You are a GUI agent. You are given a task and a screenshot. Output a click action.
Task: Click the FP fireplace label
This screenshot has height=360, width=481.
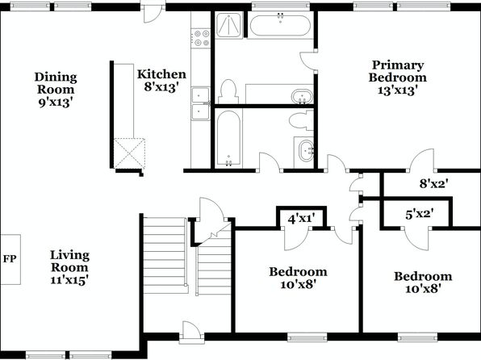coord(10,259)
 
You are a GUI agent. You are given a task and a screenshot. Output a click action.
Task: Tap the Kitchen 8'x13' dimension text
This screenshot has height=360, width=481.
coord(161,87)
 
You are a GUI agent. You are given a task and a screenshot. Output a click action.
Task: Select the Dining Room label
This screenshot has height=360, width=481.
coord(56,83)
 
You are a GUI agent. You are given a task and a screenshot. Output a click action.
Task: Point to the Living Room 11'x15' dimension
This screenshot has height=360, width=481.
coord(69,280)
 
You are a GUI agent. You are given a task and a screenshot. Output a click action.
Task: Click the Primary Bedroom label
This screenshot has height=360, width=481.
coord(398,71)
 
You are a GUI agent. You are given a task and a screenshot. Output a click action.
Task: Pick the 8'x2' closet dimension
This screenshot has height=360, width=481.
coord(434,183)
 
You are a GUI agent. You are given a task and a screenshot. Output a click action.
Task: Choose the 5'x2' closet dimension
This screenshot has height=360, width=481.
coord(420,214)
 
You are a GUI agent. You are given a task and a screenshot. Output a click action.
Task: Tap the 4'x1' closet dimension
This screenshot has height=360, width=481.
coord(302,219)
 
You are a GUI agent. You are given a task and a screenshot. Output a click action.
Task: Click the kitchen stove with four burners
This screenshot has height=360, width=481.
coord(201,38)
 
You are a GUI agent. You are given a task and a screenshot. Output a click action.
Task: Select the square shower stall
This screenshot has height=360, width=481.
coord(229,25)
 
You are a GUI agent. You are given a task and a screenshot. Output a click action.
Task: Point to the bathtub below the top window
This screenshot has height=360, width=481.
coord(280,25)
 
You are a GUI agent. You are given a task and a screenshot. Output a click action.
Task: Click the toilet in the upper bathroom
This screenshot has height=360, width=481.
coord(228,91)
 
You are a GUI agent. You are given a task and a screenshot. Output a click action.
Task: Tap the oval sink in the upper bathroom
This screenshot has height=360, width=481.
coord(302,96)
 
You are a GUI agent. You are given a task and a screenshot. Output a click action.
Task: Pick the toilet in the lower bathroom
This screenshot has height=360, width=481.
coord(301,120)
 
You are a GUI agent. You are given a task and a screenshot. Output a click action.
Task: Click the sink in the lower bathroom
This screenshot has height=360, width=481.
coord(306,150)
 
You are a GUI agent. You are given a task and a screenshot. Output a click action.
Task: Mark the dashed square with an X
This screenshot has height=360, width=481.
coord(129,153)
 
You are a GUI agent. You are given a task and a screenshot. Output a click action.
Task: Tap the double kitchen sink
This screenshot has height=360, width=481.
coord(201,104)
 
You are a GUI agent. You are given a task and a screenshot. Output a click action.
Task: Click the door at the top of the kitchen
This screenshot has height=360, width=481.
coord(153,12)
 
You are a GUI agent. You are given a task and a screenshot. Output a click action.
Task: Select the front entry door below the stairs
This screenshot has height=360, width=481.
coord(191,332)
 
